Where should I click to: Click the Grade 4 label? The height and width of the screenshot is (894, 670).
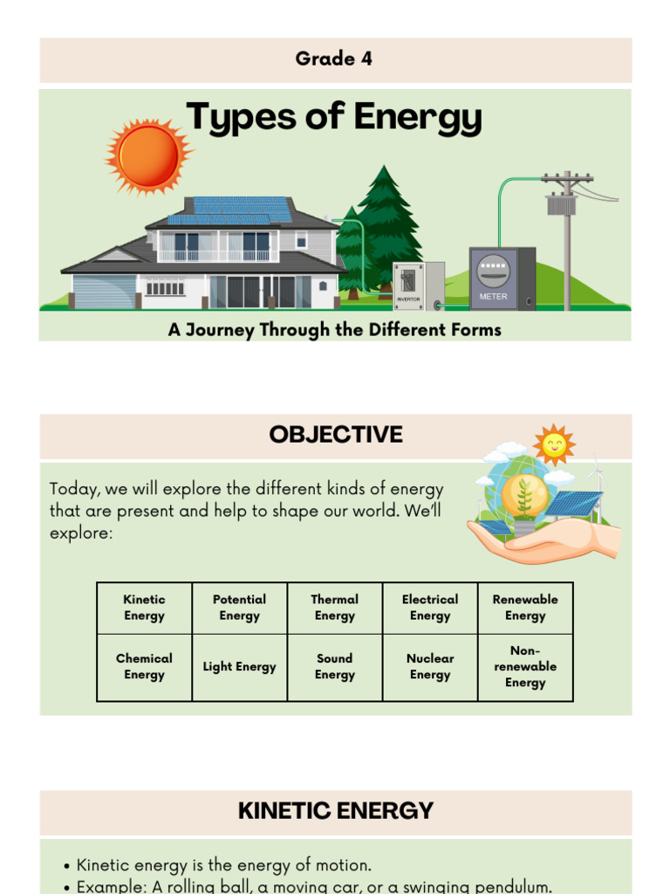coord(334,59)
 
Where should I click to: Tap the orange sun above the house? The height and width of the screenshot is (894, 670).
coord(148,156)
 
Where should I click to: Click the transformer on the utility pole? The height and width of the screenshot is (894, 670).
coord(561,205)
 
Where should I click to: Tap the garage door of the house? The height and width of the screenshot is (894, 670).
coord(104,291)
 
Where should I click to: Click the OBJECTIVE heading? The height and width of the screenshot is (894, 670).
coord(336,435)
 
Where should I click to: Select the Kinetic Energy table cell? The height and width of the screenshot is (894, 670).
coord(144,608)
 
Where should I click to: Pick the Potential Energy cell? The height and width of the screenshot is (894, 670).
coord(239,608)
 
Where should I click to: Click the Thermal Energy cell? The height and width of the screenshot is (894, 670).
coord(334,608)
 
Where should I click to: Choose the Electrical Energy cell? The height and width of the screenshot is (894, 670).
coord(430,608)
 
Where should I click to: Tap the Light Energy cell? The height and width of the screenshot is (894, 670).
coord(239,667)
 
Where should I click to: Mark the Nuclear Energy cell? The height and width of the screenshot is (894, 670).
coord(430,667)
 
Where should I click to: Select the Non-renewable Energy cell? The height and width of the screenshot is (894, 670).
coord(525,667)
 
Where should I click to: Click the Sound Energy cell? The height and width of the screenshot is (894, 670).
coord(334,667)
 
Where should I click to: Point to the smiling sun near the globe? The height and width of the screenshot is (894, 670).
coord(554,445)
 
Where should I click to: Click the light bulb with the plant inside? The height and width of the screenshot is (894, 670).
coord(524,497)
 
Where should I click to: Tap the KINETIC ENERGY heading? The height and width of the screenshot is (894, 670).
coord(336,811)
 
